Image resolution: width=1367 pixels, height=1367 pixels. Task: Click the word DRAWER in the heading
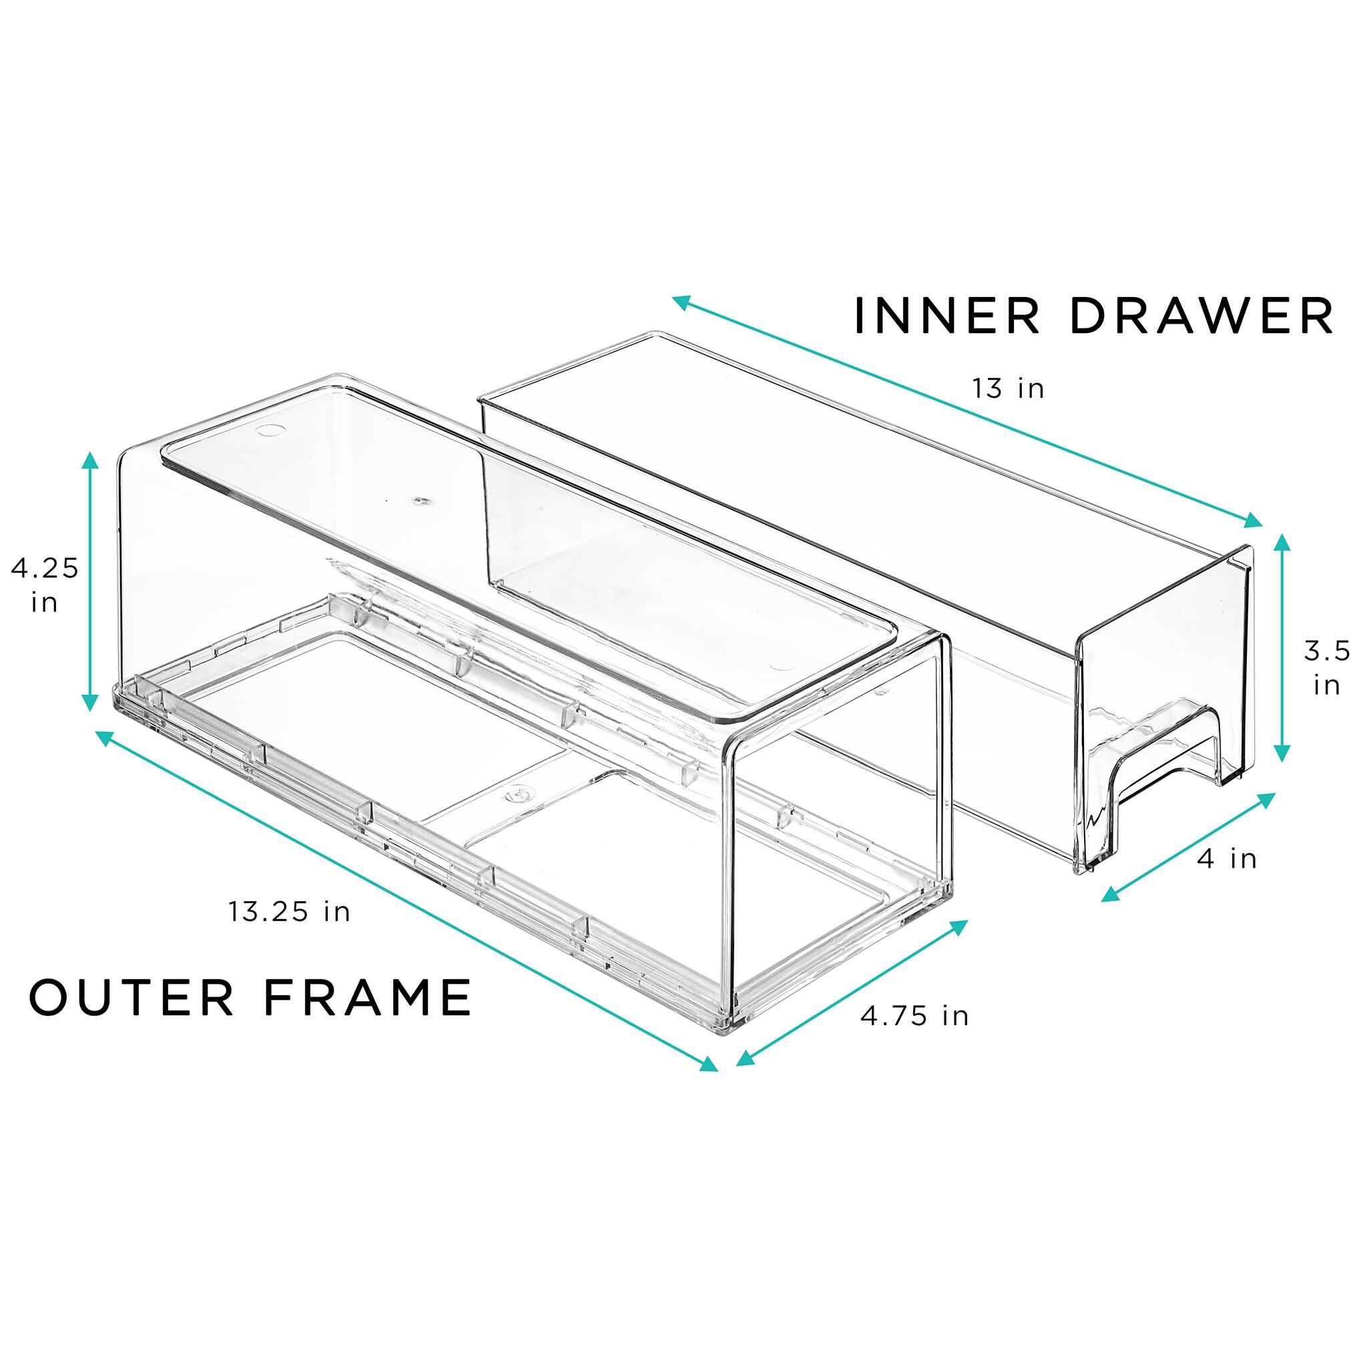1201,316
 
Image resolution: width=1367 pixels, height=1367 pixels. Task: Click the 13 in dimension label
1009,388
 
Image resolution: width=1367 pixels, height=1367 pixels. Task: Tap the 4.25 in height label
44,585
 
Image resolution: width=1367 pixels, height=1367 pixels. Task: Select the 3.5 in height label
1327,667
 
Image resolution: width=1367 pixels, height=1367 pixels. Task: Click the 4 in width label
1227,859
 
